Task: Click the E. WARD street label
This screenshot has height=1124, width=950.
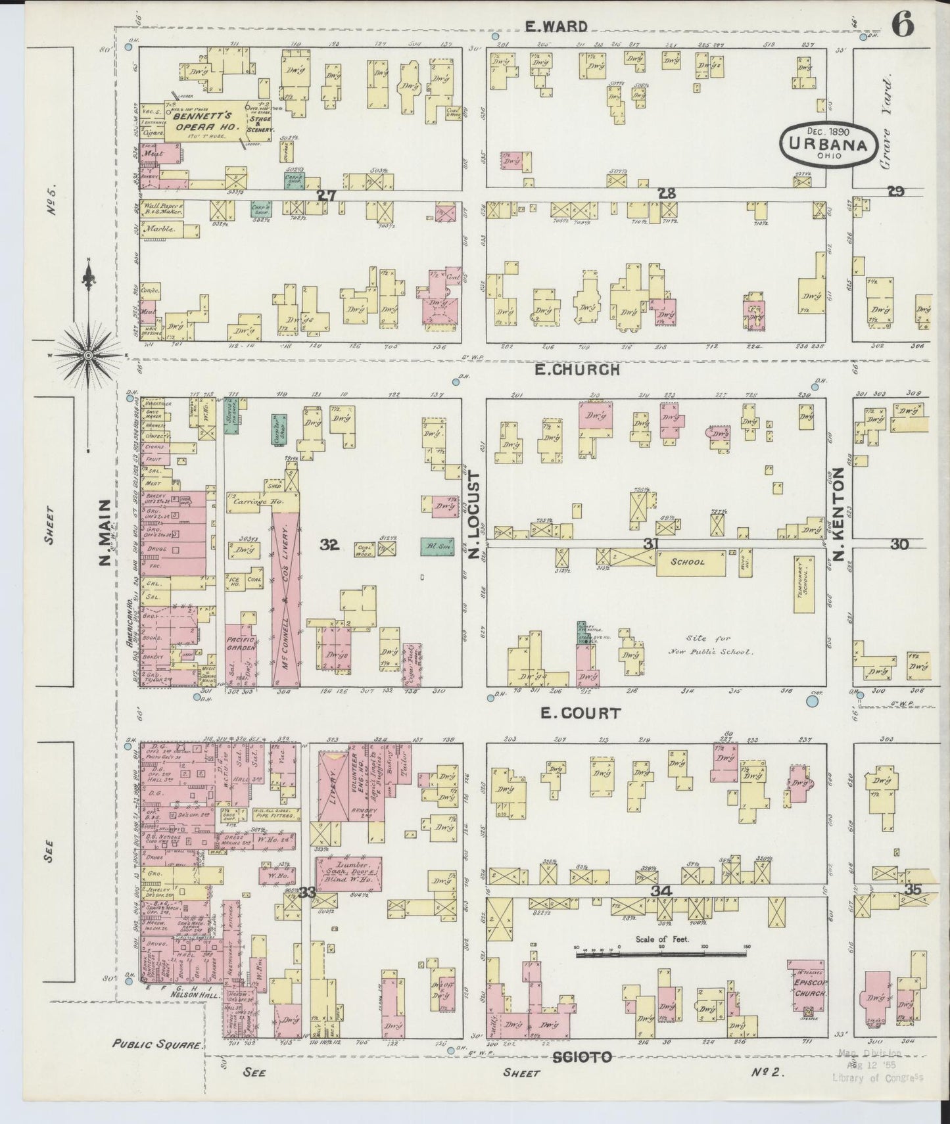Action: (x=556, y=26)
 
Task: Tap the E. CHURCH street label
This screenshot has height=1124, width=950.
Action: (x=577, y=369)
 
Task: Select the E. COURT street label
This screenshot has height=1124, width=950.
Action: (x=569, y=713)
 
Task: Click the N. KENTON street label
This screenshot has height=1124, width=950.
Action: (x=838, y=515)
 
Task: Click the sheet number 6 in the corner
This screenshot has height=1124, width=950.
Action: (x=903, y=27)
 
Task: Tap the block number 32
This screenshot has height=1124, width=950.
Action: (x=329, y=544)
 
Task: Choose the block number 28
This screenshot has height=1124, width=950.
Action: (x=667, y=193)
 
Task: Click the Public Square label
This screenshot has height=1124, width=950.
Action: (x=155, y=1043)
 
